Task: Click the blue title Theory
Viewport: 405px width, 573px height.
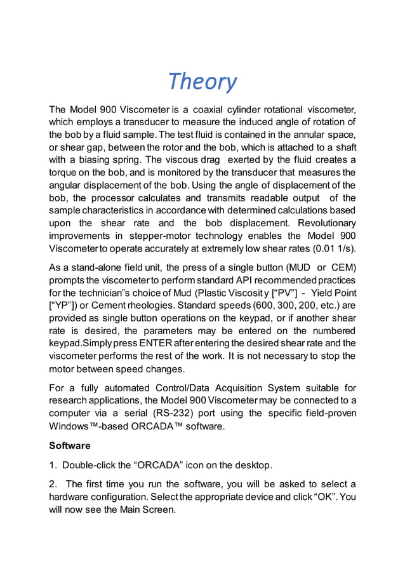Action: point(202,81)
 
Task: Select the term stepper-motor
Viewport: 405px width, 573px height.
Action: point(160,236)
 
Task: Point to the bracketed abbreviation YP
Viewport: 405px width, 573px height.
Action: point(66,306)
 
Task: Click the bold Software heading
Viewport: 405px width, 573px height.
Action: point(70,446)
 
